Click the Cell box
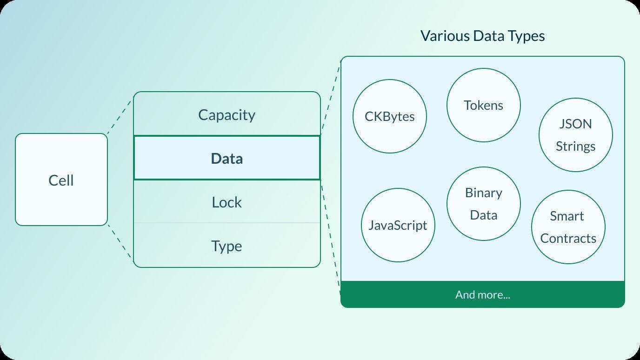(61, 180)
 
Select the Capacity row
(227, 114)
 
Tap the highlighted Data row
(227, 158)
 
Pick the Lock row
(227, 202)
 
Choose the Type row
(227, 246)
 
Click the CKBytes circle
(390, 116)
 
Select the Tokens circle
(484, 105)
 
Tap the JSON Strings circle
(576, 135)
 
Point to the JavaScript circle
(398, 225)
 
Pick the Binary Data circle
(484, 204)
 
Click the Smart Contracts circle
(568, 227)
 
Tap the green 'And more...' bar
(483, 294)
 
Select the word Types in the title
(526, 36)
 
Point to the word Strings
(576, 146)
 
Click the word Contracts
(568, 238)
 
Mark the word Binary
(484, 193)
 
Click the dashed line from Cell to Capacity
(120, 114)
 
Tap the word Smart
(567, 216)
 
